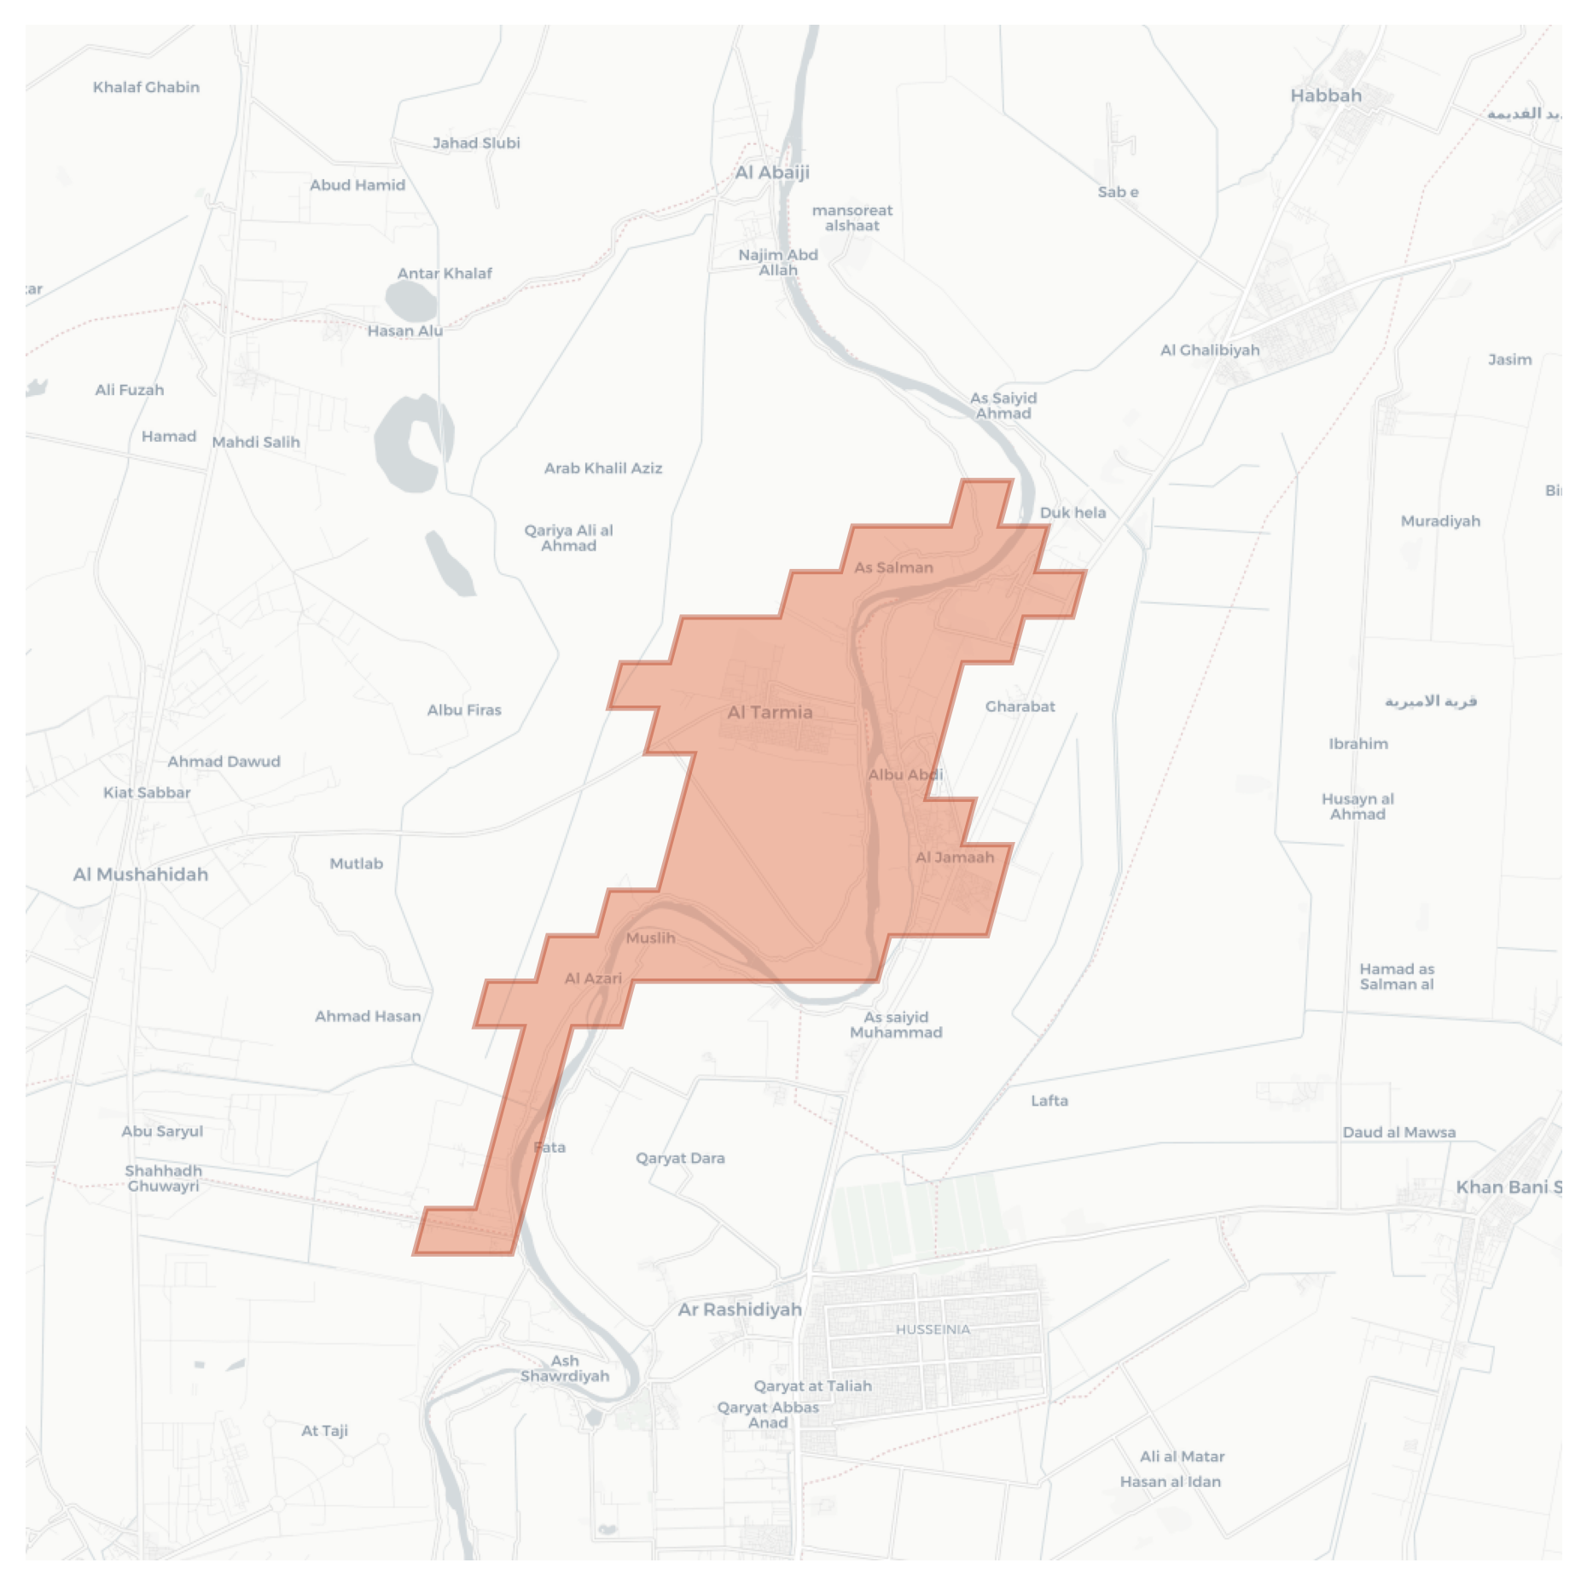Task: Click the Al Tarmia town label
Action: [x=770, y=712]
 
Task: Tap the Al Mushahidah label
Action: [x=141, y=874]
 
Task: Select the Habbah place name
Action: [x=1325, y=96]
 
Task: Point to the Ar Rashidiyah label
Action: [x=740, y=1310]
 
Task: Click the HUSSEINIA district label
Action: [x=933, y=1329]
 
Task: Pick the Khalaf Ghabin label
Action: [x=146, y=87]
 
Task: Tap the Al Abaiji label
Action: [x=772, y=172]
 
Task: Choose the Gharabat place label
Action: [x=1020, y=706]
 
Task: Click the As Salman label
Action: [x=893, y=567]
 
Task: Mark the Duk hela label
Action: [x=1073, y=513]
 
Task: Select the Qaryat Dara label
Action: [x=680, y=1159]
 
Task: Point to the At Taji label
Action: [x=324, y=1431]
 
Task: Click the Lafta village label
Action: [x=1049, y=1101]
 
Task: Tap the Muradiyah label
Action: [x=1440, y=521]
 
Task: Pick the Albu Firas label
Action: [x=464, y=710]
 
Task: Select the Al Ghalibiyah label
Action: [x=1209, y=350]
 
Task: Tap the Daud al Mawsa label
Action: [x=1398, y=1132]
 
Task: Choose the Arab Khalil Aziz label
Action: [x=603, y=468]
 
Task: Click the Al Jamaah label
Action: [x=955, y=857]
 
